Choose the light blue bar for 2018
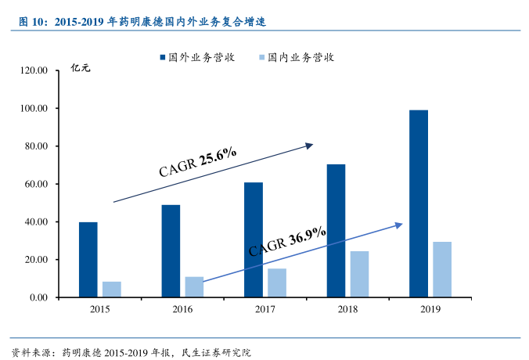click(x=359, y=275)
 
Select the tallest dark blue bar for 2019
click(x=419, y=203)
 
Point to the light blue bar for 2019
click(x=442, y=270)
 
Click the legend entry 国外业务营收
click(x=196, y=57)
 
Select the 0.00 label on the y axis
click(x=39, y=297)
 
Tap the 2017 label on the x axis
click(x=265, y=310)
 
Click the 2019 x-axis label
click(x=430, y=310)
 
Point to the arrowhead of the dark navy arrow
click(x=310, y=145)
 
